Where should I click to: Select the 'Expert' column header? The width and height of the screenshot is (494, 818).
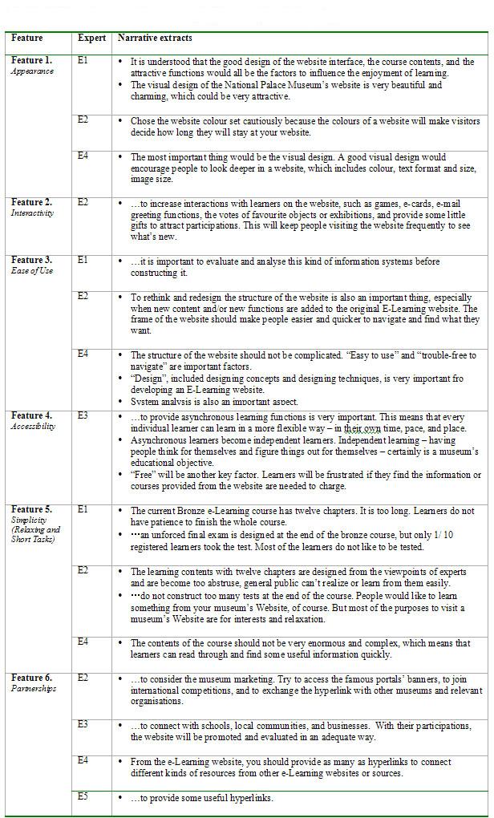tap(91, 38)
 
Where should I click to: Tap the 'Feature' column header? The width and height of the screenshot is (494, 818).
tap(27, 38)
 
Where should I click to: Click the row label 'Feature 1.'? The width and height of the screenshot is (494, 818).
tap(31, 60)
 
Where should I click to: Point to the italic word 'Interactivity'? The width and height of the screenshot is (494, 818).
tap(32, 214)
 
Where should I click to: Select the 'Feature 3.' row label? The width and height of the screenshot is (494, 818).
tap(31, 260)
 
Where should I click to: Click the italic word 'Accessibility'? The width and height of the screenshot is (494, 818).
tap(33, 427)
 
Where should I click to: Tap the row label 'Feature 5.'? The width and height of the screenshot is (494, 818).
tap(31, 509)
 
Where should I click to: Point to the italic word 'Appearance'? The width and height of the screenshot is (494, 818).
tap(32, 71)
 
